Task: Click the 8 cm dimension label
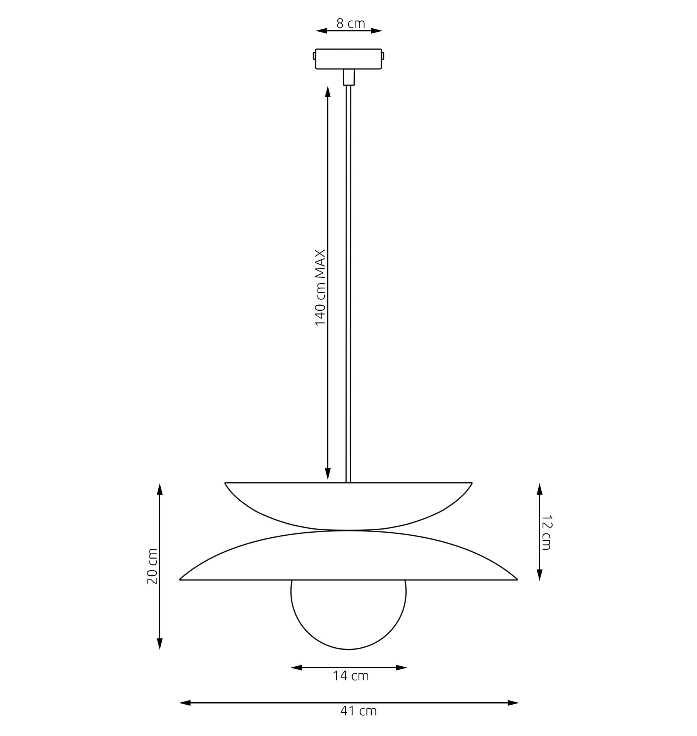pos(350,23)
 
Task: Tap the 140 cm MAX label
pos(320,287)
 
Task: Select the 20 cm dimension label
pos(152,566)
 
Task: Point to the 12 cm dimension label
pos(546,532)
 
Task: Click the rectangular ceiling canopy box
pos(348,59)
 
